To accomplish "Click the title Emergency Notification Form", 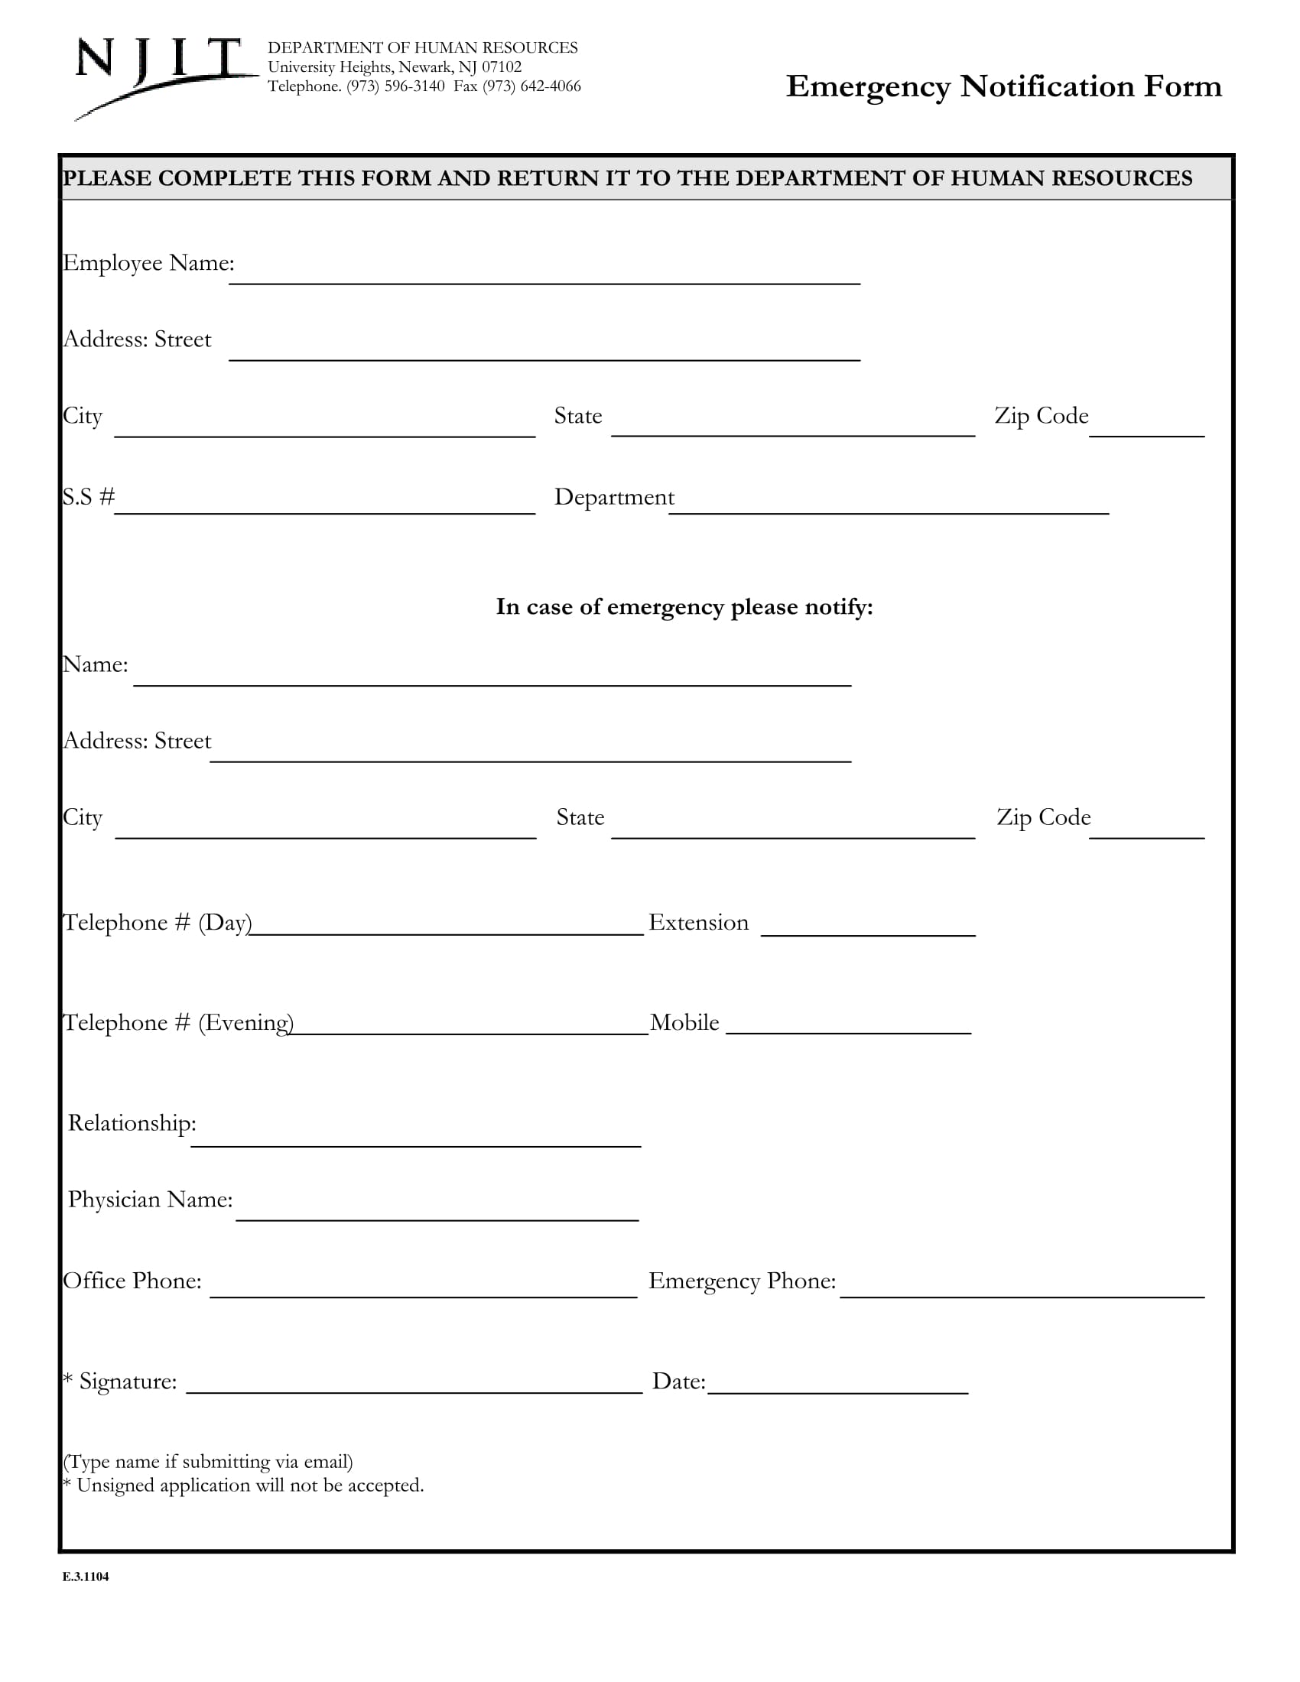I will [1003, 86].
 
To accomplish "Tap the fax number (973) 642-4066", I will [531, 86].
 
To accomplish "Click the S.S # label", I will [88, 497].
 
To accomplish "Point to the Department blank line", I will [888, 505].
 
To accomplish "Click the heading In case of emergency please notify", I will [684, 607].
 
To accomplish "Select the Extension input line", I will [868, 927].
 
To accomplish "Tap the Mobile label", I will [684, 1022].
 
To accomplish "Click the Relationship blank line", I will [416, 1138].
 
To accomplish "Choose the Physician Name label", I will [150, 1199].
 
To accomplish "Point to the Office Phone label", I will [132, 1281].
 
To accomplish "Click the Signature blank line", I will [414, 1384].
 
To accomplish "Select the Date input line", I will [837, 1384].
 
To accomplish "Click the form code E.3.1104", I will [86, 1576].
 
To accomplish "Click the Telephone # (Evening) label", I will [178, 1022].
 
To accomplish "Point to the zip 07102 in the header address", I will [502, 67].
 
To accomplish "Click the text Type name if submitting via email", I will [208, 1462].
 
